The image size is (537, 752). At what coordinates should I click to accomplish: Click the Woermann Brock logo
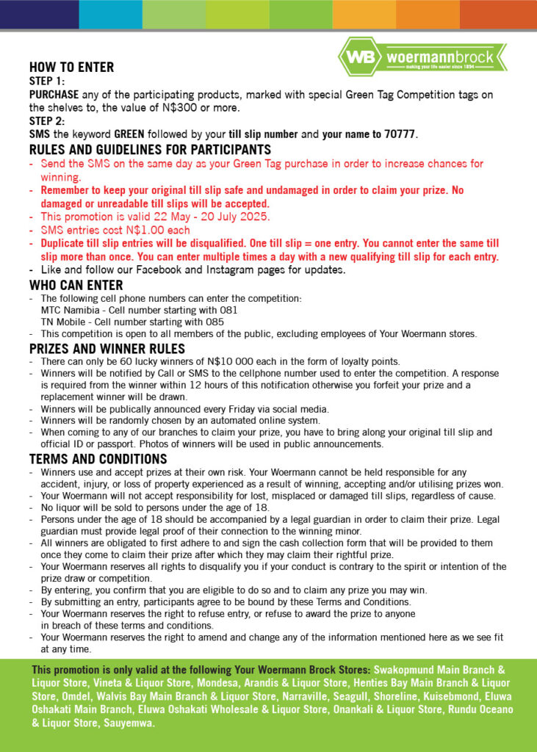pyautogui.click(x=422, y=57)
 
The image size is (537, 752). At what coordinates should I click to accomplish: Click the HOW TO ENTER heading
pyautogui.click(x=71, y=68)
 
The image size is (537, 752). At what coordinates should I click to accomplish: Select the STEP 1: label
pyautogui.click(x=47, y=81)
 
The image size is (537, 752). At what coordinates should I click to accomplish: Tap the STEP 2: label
pyautogui.click(x=47, y=121)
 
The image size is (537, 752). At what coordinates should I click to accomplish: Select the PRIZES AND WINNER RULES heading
pyautogui.click(x=107, y=348)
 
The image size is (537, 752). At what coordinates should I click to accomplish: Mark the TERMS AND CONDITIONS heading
pyautogui.click(x=98, y=459)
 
